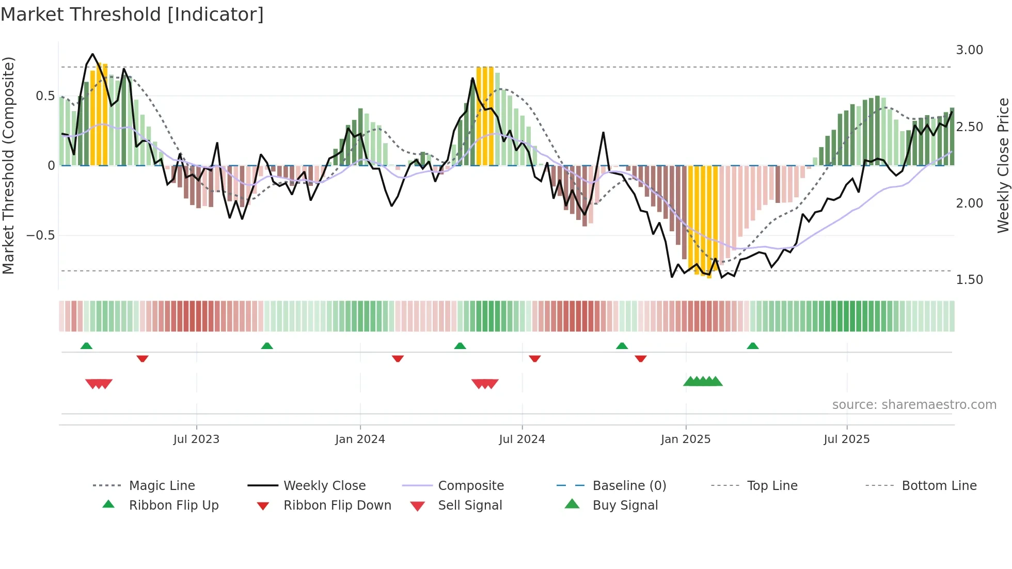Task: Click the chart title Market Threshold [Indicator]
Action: [x=132, y=14]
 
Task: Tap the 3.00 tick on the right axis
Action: [x=969, y=50]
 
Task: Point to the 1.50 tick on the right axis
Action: [x=969, y=279]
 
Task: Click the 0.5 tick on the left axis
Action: [x=45, y=96]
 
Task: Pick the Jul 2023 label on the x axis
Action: [x=196, y=439]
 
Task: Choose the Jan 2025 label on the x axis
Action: [x=685, y=439]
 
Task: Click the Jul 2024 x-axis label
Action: [x=521, y=439]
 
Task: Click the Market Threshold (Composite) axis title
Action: [x=8, y=165]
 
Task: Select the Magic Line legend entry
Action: [x=162, y=486]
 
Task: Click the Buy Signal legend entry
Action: [x=625, y=505]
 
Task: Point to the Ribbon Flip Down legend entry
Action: [x=337, y=505]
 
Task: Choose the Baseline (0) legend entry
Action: [x=629, y=486]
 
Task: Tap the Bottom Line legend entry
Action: [x=939, y=486]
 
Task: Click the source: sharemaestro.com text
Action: [x=914, y=405]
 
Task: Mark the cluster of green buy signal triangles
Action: [x=703, y=382]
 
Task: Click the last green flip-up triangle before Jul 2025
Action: [x=752, y=346]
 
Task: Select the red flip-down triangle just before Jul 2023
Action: [x=143, y=358]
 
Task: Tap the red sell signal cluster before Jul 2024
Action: [x=485, y=384]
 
